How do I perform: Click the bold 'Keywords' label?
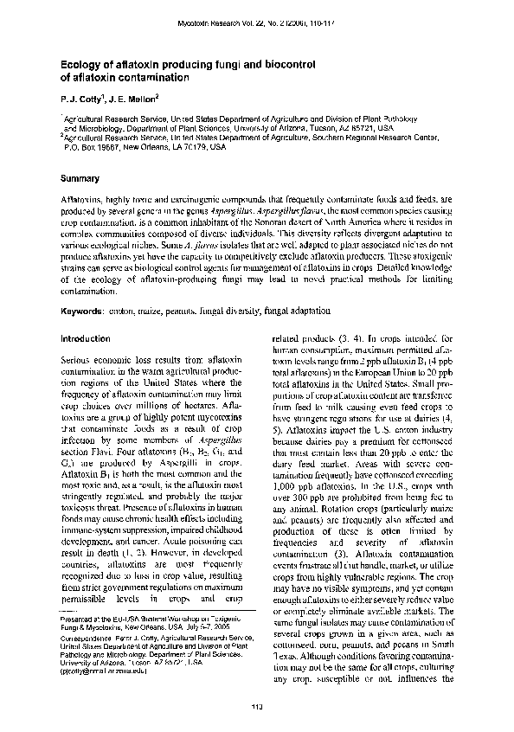pos(80,311)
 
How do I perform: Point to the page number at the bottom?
pos(257,702)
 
